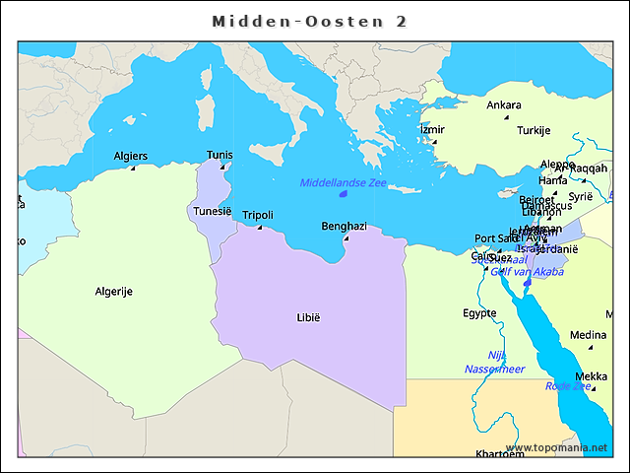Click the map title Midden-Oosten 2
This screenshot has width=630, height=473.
[x=310, y=21]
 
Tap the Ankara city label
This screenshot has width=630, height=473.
[x=504, y=105]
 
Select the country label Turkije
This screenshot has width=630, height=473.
[x=534, y=130]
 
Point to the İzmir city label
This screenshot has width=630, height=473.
[x=432, y=129]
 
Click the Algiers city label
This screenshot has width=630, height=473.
[x=131, y=156]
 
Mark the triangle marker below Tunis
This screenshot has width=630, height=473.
[x=220, y=168]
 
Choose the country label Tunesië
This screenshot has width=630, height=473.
[x=212, y=211]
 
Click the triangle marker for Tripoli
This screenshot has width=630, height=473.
[x=260, y=228]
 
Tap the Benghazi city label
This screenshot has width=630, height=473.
[x=344, y=226]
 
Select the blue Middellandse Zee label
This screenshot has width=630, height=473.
[x=344, y=183]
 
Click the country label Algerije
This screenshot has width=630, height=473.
[x=114, y=291]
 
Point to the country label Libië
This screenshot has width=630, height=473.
[x=308, y=317]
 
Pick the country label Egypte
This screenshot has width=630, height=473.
[x=479, y=313]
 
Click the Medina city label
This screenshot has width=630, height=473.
[x=588, y=334]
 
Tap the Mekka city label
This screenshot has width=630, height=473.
[x=591, y=376]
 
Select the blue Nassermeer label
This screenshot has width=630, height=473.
[x=494, y=369]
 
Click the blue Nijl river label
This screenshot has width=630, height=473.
[x=496, y=355]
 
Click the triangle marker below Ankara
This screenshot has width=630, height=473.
[x=506, y=118]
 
